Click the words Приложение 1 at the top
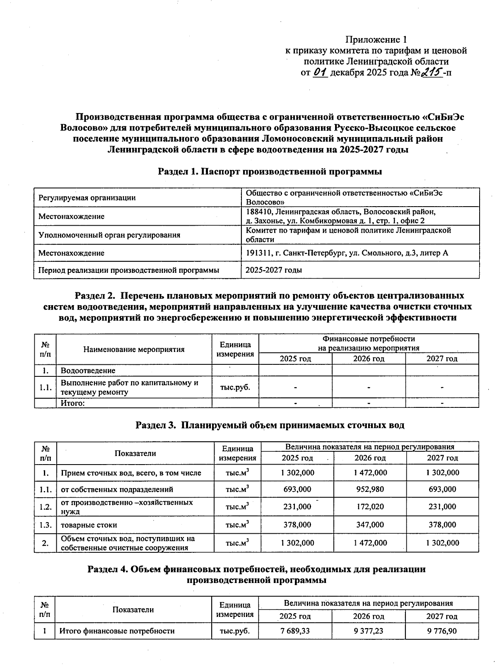[376, 40]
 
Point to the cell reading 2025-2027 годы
[274, 270]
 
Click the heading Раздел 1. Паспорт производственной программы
[270, 171]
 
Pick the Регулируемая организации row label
[87, 198]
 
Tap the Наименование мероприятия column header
[134, 349]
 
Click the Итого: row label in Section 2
[73, 403]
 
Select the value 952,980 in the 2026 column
[370, 489]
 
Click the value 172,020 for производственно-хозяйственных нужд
[370, 507]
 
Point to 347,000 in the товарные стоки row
[370, 525]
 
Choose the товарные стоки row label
[89, 525]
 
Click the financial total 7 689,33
[296, 631]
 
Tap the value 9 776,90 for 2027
[442, 631]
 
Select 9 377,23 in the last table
[369, 631]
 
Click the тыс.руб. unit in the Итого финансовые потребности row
[234, 631]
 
